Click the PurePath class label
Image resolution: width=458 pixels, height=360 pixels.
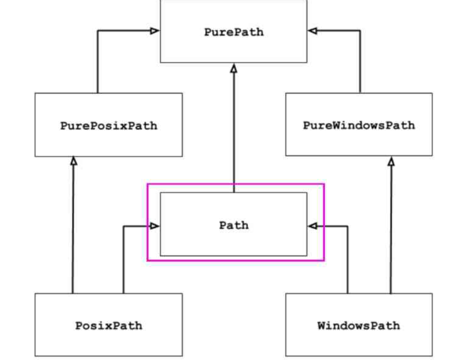[x=233, y=32]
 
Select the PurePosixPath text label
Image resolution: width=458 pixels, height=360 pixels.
[x=108, y=126]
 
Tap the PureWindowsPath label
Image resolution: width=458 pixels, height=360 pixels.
[x=359, y=125]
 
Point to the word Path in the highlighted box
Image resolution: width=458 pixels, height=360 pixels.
[x=233, y=225]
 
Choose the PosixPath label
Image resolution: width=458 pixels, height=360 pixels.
[x=108, y=325]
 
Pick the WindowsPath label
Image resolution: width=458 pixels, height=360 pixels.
[x=359, y=325]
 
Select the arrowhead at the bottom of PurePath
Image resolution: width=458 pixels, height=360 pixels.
[x=233, y=68]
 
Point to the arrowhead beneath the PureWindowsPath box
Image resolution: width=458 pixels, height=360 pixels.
[x=391, y=161]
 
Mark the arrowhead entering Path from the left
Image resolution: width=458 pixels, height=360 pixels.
[x=155, y=226]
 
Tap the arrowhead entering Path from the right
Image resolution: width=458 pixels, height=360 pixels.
[x=313, y=226]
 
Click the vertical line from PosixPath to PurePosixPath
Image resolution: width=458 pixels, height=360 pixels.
[x=73, y=229]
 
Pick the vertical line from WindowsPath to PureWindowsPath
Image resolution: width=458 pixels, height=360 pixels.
[x=391, y=229]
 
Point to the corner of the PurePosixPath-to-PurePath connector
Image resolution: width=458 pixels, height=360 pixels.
[x=98, y=31]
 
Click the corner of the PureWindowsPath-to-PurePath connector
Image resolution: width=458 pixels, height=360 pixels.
[x=360, y=31]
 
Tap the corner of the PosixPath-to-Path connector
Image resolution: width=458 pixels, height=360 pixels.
[x=123, y=226]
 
